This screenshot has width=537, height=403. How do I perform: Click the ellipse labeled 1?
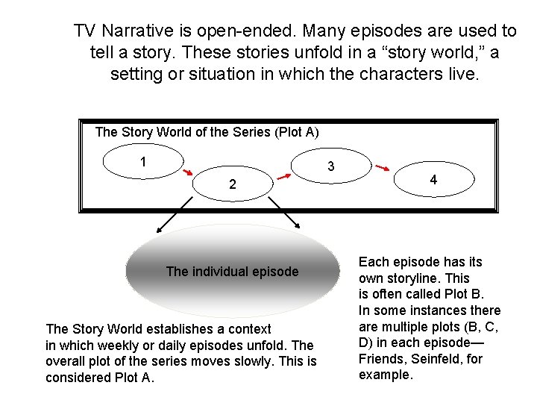click(x=142, y=162)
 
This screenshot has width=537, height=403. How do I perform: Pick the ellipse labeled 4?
click(x=433, y=180)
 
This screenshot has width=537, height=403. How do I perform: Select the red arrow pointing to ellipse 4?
click(x=385, y=166)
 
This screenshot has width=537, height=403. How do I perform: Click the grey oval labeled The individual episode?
click(x=232, y=272)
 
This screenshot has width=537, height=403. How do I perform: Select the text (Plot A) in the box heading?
click(x=297, y=132)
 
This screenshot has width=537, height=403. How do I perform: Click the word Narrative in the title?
click(x=138, y=31)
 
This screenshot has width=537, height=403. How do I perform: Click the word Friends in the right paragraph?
click(x=381, y=359)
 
